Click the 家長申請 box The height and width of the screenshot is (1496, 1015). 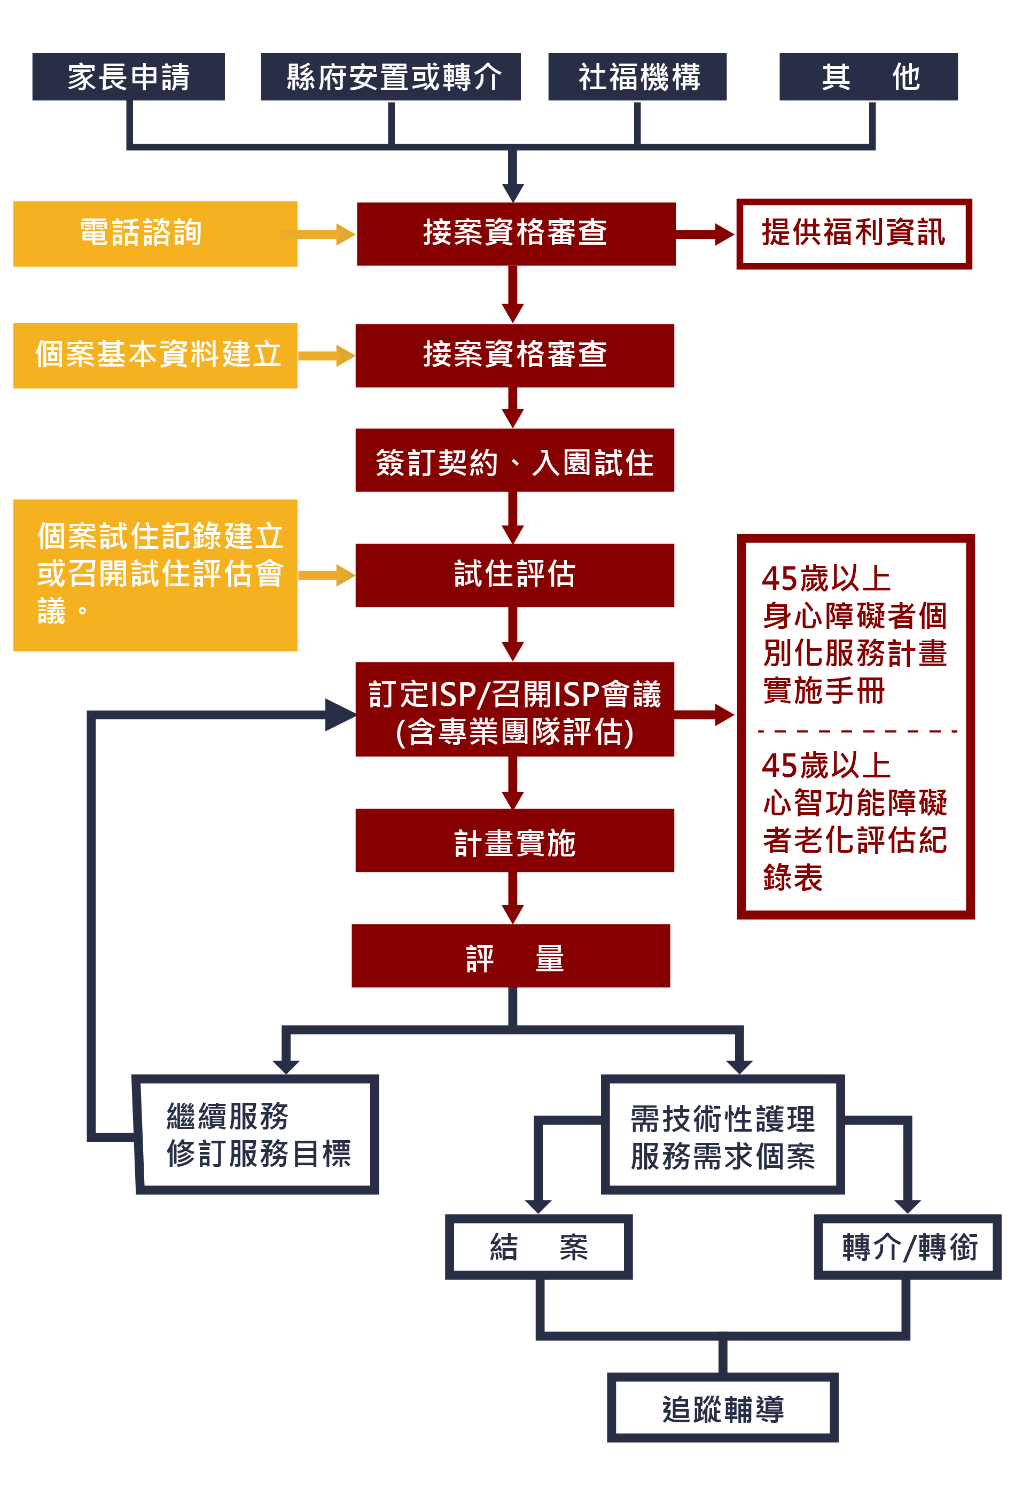(128, 76)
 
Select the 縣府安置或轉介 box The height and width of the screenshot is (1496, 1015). (390, 76)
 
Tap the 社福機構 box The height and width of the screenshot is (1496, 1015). (637, 76)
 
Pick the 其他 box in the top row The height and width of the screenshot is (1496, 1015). (868, 76)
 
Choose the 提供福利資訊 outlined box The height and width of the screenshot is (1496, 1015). (854, 233)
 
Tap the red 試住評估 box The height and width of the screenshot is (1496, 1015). (514, 575)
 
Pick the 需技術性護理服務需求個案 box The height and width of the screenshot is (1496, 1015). (722, 1134)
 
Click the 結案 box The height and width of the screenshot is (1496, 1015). (538, 1247)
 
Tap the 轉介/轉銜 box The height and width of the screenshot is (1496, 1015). (907, 1247)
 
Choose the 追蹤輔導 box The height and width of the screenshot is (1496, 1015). (722, 1408)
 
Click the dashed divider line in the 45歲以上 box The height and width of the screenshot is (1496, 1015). (856, 731)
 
